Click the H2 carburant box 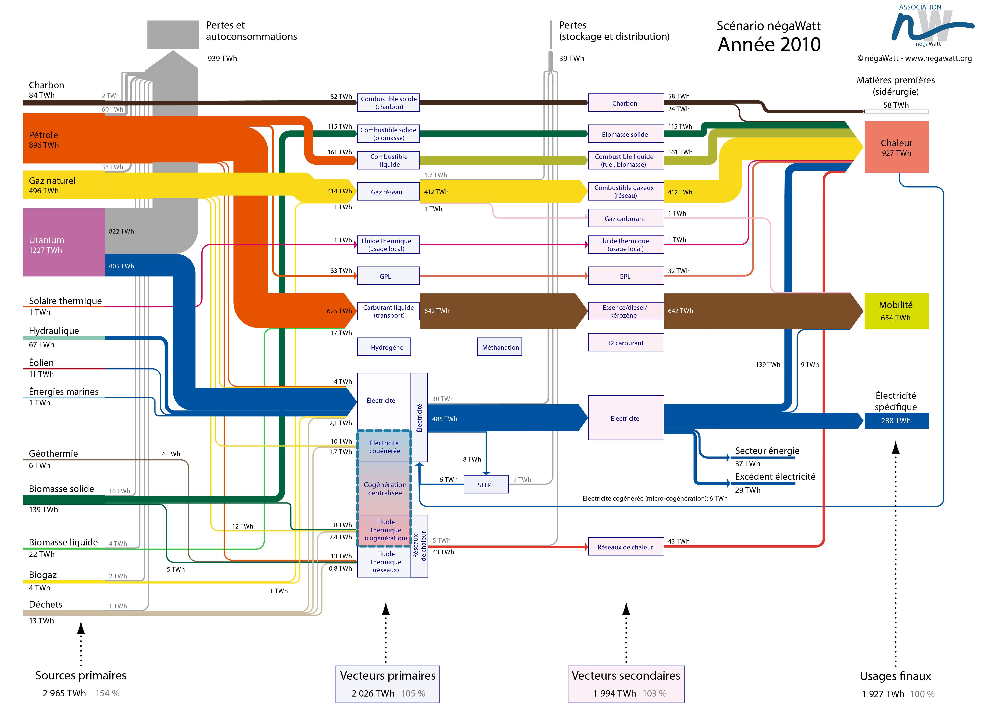tap(626, 343)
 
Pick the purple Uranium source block tap(64, 242)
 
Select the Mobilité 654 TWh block tap(896, 311)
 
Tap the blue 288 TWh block tap(896, 421)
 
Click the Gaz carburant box tap(626, 218)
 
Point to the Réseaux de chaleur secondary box tap(626, 547)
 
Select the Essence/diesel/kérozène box tap(626, 311)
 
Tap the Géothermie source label tap(53, 453)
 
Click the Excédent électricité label tap(775, 476)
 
